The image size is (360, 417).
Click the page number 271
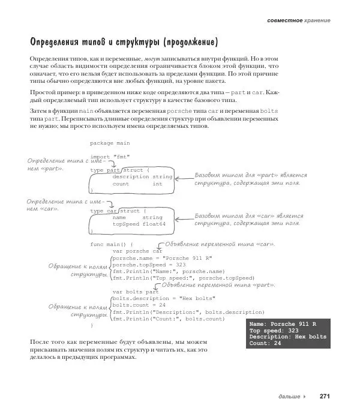[x=325, y=397]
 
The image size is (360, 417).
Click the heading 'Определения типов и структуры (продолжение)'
[x=124, y=43]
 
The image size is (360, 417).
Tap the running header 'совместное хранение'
[x=299, y=20]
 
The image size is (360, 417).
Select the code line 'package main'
[x=110, y=143]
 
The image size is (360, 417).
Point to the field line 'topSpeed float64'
[x=139, y=224]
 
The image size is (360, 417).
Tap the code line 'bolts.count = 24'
[x=139, y=305]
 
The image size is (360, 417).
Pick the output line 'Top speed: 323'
[x=274, y=331]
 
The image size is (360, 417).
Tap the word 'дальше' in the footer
[x=290, y=397]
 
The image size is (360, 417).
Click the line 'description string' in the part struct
[x=142, y=177]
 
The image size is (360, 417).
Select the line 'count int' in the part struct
[x=137, y=184]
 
